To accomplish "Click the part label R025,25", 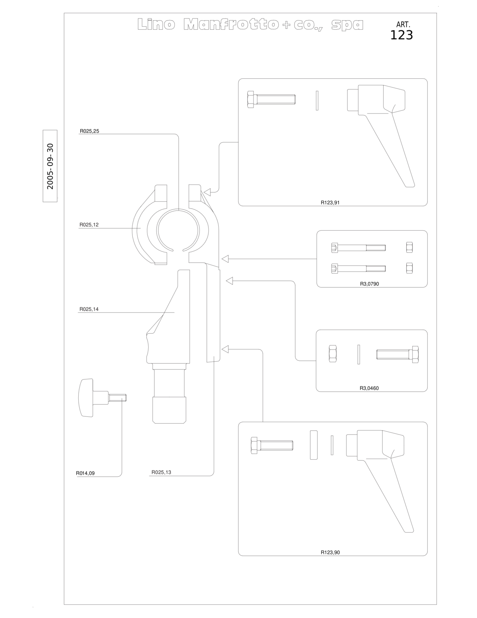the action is coord(89,131).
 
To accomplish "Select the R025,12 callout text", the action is coord(89,225).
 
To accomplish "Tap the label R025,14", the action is coord(89,309).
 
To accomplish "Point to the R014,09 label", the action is coord(85,473).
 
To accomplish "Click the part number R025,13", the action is coord(161,472).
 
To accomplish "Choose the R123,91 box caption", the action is coord(330,202).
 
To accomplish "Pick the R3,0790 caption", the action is coord(369,284).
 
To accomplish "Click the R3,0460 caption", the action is coord(369,388).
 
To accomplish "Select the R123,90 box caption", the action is coord(330,552).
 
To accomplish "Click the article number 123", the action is coord(401,35).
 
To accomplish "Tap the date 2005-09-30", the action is coord(50,166).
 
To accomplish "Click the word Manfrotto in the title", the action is coord(231,24).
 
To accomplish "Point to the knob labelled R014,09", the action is coord(102,397).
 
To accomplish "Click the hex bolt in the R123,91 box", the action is coord(271,100).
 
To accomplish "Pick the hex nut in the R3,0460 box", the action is coord(332,354).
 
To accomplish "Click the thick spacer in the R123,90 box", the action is coord(314,445).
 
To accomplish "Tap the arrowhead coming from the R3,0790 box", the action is coord(225,259).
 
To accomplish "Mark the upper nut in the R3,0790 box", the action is coord(409,247).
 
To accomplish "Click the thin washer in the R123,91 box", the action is coord(317,100).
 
